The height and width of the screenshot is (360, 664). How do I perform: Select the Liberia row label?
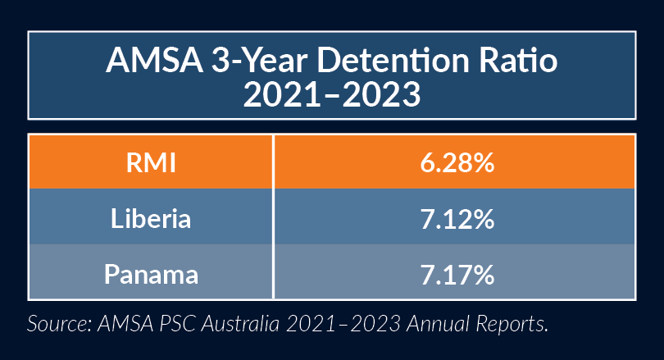click(x=150, y=219)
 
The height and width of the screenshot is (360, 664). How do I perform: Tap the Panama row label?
click(x=150, y=273)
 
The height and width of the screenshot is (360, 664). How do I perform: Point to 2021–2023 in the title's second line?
click(x=332, y=96)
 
